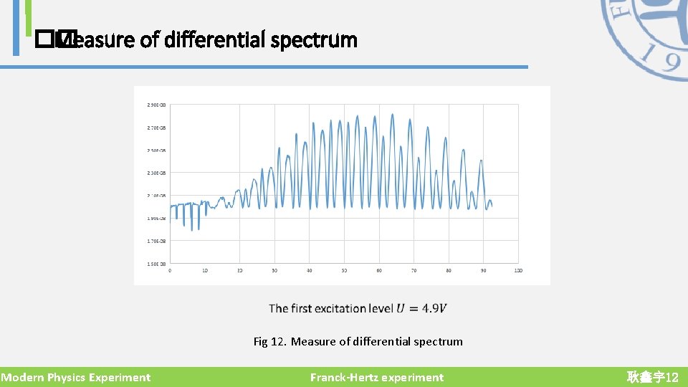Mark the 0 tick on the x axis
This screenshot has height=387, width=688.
pyautogui.click(x=170, y=271)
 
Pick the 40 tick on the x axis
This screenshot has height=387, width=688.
pyautogui.click(x=309, y=271)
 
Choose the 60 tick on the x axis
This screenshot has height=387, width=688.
pyautogui.click(x=379, y=271)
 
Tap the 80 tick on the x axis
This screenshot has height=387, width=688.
pyautogui.click(x=449, y=271)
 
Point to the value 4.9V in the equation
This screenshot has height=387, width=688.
pyautogui.click(x=434, y=309)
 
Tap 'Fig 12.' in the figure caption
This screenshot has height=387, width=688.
pyautogui.click(x=270, y=342)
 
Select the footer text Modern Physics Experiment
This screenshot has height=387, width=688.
pyautogui.click(x=75, y=378)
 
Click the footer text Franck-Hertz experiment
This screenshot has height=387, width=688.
pyautogui.click(x=377, y=378)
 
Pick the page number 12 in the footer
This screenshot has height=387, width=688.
pyautogui.click(x=672, y=378)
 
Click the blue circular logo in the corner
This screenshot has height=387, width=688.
pyautogui.click(x=649, y=36)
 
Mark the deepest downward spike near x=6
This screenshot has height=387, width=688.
pyautogui.click(x=191, y=229)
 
